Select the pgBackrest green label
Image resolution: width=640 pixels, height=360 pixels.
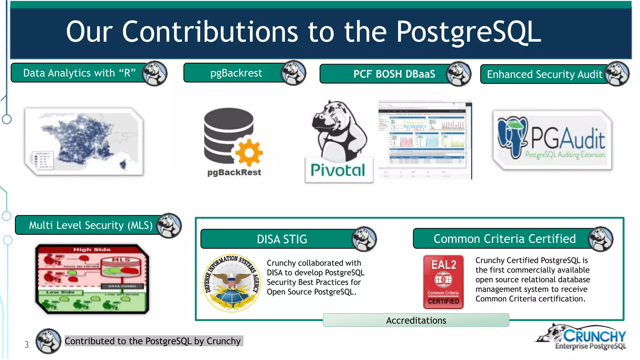pos(236,73)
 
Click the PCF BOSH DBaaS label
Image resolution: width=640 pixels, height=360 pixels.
pos(394,74)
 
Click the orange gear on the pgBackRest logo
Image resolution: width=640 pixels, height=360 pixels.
pos(249,152)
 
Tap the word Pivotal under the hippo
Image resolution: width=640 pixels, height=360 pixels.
pos(338,170)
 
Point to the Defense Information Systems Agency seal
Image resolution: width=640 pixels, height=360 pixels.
pos(232,283)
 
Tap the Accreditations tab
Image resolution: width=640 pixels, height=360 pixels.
pos(416,320)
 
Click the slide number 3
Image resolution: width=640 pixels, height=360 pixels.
pos(27,345)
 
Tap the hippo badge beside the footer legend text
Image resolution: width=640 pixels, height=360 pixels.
pos(48,341)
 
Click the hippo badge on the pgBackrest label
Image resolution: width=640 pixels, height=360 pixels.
pos(293,73)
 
